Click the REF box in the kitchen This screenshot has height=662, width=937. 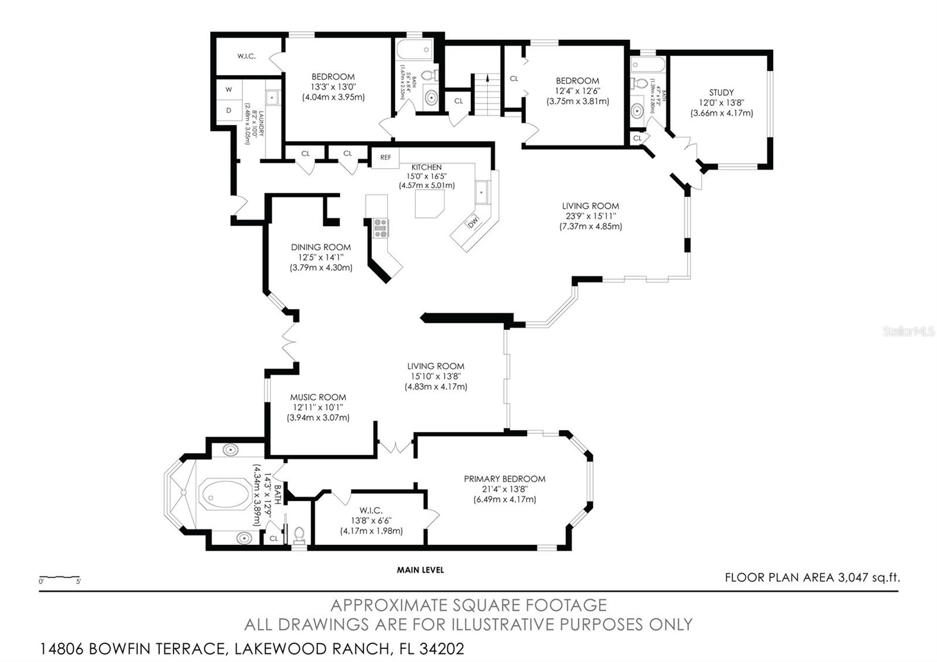click(385, 158)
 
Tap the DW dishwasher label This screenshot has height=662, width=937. click(473, 221)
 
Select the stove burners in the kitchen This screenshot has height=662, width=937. click(381, 227)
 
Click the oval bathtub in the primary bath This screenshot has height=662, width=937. click(224, 496)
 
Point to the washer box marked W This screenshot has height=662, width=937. click(229, 90)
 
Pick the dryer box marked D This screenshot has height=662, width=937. click(229, 110)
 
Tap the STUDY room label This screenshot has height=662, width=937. click(721, 93)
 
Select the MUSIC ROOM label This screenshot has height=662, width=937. click(318, 397)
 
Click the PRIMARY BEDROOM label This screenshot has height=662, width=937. click(504, 479)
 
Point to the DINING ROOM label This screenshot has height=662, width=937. click(321, 247)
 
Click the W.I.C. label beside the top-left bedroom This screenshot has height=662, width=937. click(246, 56)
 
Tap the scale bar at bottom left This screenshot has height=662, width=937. click(59, 578)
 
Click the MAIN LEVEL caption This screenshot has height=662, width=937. click(420, 569)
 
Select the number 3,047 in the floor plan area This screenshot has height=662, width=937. click(853, 578)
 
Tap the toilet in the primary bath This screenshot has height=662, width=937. click(299, 534)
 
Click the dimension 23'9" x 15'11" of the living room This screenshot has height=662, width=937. click(590, 216)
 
